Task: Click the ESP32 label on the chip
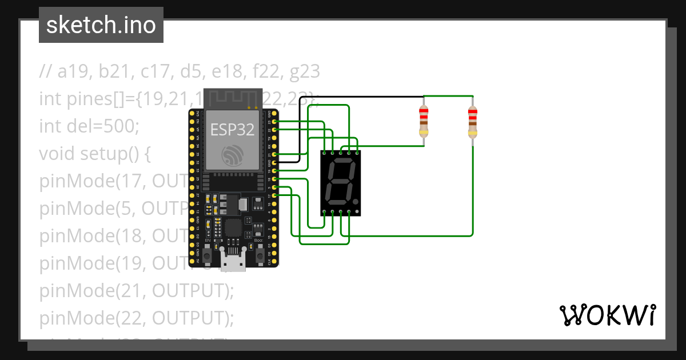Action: point(232,129)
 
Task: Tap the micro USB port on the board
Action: point(233,261)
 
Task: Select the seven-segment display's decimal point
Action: point(357,202)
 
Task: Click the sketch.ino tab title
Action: point(101,25)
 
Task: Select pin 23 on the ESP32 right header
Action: point(276,122)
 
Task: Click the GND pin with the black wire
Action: point(276,163)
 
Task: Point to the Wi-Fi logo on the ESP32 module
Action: point(233,155)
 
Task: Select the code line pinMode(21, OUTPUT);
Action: point(137,290)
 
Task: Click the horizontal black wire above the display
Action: point(366,97)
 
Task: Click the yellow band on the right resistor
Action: point(472,133)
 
